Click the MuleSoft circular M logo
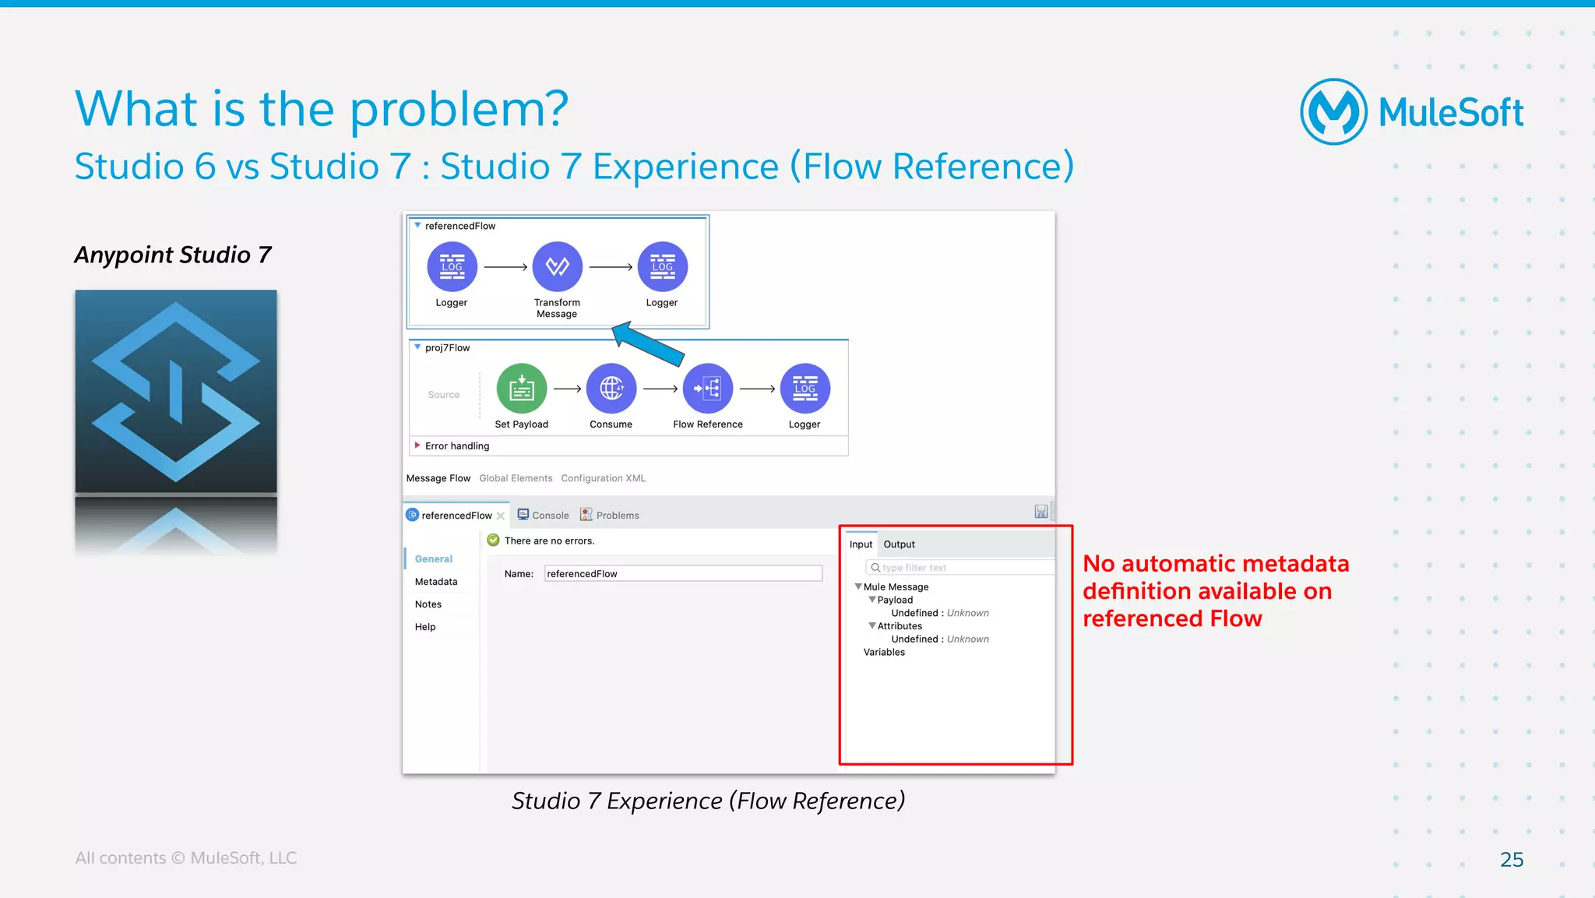point(1333,111)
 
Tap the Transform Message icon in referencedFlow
point(557,267)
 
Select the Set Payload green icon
point(521,389)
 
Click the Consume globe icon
point(611,389)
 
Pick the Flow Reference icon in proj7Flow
point(707,389)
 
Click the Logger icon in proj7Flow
point(805,389)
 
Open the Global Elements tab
point(516,478)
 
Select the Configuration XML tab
point(603,478)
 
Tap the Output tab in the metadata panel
point(899,544)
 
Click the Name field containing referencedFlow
point(682,574)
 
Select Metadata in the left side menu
point(436,582)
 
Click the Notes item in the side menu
point(428,604)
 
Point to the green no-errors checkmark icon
point(493,541)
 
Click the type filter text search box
point(961,568)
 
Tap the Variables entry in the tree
point(884,653)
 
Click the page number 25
point(1511,859)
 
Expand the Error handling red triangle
point(417,445)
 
